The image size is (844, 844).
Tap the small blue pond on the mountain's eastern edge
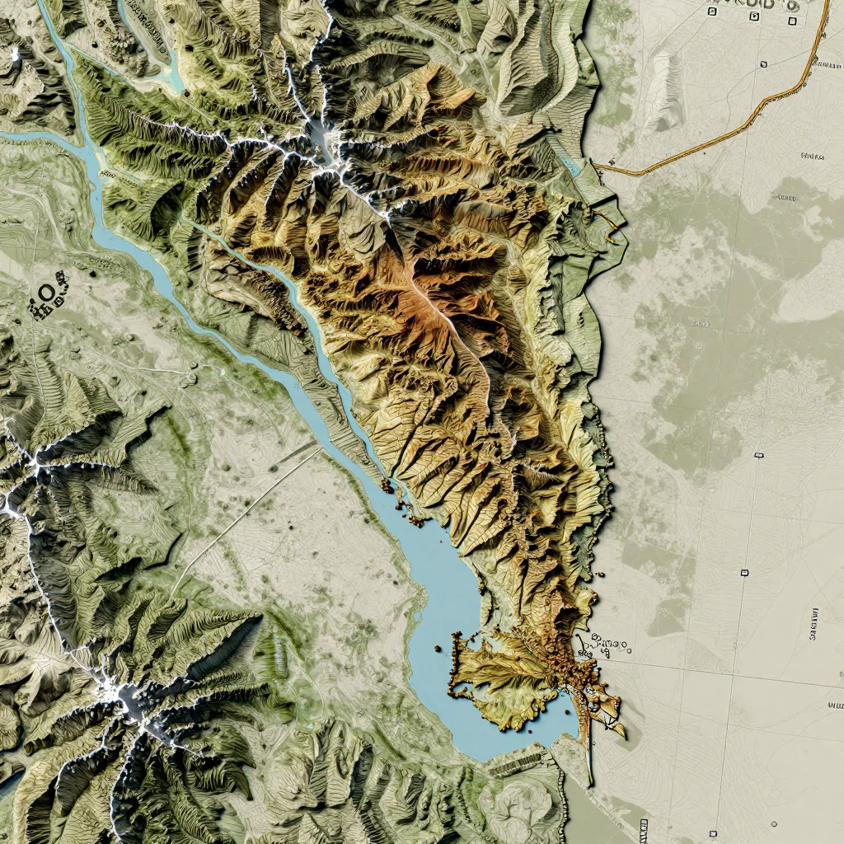[570, 164]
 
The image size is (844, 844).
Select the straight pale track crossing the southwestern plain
[247, 511]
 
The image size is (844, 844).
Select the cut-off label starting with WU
[834, 706]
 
